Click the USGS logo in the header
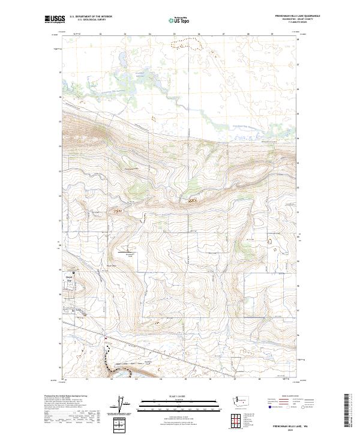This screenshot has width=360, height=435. coord(55,20)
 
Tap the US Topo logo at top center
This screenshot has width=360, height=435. coord(180,20)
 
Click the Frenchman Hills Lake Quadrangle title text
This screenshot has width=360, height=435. coord(298,16)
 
